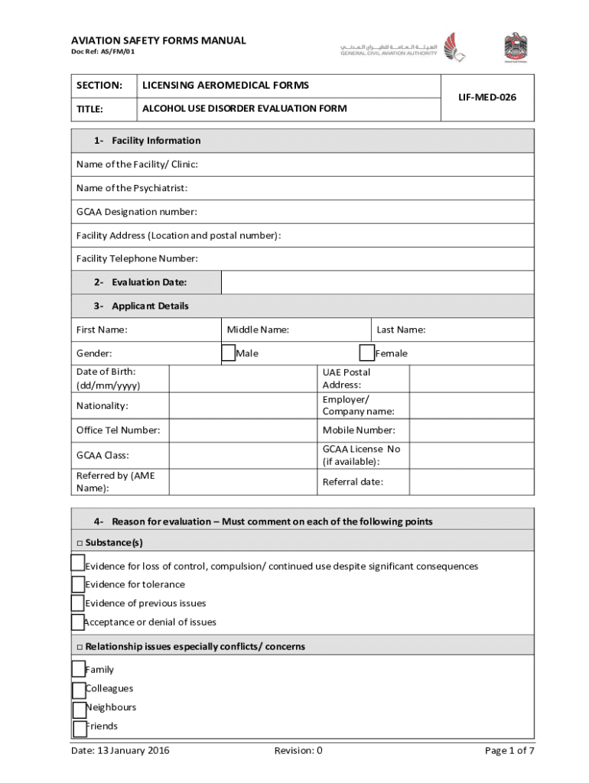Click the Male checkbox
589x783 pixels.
[x=228, y=353]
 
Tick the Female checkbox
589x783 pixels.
[x=367, y=353]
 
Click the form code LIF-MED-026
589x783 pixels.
[x=487, y=97]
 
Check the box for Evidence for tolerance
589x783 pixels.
[x=78, y=585]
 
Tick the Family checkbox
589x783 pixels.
[x=79, y=669]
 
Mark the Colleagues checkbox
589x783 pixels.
[x=79, y=690]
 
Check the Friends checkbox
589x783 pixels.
[x=80, y=728]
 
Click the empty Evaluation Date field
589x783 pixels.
[x=377, y=283]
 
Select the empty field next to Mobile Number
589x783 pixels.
[x=471, y=430]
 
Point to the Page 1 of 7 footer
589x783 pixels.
[x=509, y=750]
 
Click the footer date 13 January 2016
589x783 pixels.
[x=120, y=750]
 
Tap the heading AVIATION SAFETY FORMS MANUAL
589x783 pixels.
[x=158, y=41]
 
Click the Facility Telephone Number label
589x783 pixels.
[x=137, y=258]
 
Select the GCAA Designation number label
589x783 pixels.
[x=136, y=212]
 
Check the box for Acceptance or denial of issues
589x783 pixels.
[x=77, y=622]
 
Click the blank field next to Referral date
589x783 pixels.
[x=471, y=482]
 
